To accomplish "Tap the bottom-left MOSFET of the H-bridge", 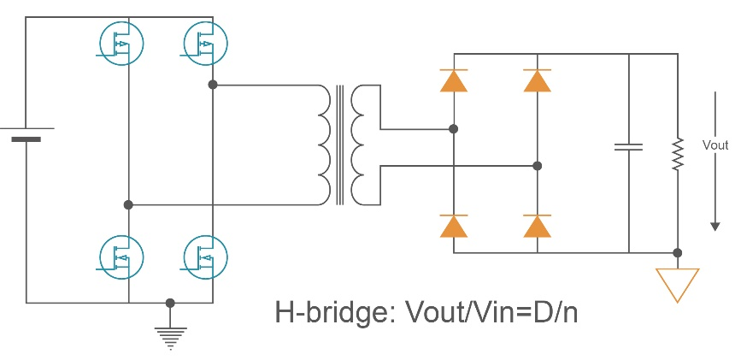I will pos(121,255).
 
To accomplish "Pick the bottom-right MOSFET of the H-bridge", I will pos(205,255).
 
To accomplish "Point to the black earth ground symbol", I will pos(171,337).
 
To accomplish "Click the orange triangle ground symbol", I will pos(677,283).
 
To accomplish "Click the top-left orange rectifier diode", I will pos(453,80).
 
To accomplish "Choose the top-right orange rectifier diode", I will pos(537,80).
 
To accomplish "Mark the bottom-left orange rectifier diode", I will pos(453,226).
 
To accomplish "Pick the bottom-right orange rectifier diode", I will pos(537,226).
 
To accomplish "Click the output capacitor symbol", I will pos(628,146).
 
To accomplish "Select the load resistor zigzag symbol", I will pos(677,154).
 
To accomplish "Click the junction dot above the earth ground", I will pos(170,303).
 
